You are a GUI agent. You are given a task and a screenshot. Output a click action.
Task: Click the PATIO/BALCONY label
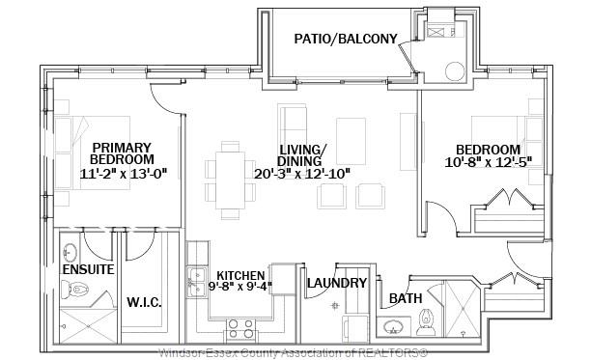tap(346, 39)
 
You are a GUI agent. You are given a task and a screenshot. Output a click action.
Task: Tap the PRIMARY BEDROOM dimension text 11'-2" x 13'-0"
tap(124, 174)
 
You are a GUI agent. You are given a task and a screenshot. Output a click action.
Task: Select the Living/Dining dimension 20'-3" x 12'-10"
tap(302, 174)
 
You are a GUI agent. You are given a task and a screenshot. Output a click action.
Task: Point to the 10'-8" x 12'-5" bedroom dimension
tap(488, 162)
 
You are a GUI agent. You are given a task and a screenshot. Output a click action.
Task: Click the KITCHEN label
tap(240, 276)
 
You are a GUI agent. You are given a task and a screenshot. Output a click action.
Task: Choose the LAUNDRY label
tap(337, 283)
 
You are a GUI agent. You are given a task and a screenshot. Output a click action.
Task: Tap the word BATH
tap(406, 298)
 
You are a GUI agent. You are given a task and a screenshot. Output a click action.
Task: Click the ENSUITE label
tap(88, 269)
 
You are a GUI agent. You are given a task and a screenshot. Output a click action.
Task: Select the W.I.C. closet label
tap(144, 302)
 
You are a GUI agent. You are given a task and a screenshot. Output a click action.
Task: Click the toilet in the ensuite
tap(75, 290)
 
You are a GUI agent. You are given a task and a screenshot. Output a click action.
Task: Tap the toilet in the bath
tap(426, 322)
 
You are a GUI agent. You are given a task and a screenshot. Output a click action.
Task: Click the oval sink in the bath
tap(393, 327)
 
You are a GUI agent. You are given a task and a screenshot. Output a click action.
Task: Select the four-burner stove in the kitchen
tap(240, 329)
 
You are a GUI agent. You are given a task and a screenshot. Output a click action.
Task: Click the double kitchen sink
tap(197, 282)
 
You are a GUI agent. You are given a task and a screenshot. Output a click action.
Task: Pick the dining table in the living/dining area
tap(230, 180)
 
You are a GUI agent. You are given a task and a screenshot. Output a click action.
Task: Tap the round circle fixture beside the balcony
tap(455, 71)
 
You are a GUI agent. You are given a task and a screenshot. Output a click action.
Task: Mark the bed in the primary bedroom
tap(93, 152)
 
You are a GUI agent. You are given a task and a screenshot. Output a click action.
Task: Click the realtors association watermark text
tap(293, 353)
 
